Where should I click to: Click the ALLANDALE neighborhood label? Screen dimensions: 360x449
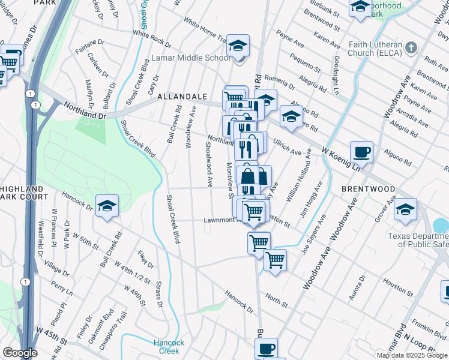pyautogui.click(x=182, y=97)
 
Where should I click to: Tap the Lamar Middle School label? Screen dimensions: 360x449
pyautogui.click(x=190, y=58)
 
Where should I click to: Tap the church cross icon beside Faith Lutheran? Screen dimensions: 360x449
pyautogui.click(x=411, y=47)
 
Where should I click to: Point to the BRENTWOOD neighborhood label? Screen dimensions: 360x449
pyautogui.click(x=368, y=189)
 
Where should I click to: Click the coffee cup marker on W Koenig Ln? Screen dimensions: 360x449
pyautogui.click(x=361, y=152)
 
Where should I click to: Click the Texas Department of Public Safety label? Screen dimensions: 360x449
pyautogui.click(x=418, y=240)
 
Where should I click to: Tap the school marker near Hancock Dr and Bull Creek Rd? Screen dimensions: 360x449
pyautogui.click(x=107, y=206)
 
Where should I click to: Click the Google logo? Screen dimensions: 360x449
pyautogui.click(x=20, y=353)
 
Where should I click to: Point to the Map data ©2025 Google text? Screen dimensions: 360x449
pyautogui.click(x=412, y=355)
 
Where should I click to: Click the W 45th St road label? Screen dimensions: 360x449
pyautogui.click(x=52, y=331)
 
